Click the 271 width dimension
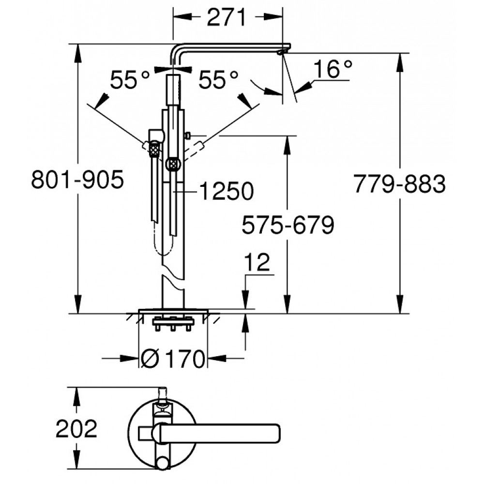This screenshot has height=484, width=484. coord(227,17)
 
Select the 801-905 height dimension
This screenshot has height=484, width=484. coord(77,180)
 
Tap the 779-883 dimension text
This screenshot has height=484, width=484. coord(399,184)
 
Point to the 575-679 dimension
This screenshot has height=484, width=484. coord(287,225)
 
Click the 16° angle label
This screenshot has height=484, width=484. coord(333,69)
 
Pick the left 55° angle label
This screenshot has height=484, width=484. coord(130,80)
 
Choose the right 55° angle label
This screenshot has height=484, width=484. coord(218,80)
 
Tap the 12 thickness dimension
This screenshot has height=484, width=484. coord(257,263)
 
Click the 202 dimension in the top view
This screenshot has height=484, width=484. coord(76,428)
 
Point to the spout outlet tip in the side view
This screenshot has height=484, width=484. coord(281,52)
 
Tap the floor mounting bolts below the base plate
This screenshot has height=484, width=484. coord(173,324)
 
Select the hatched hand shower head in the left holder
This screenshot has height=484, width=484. coord(154,150)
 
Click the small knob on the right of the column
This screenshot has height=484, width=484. coord(188,135)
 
